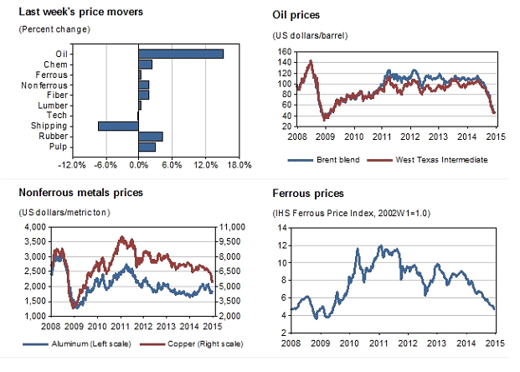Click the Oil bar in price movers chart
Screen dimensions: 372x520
click(180, 54)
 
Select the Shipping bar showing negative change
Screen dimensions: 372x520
click(118, 126)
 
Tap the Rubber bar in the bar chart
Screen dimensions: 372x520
click(150, 136)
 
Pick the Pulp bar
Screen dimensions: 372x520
click(147, 147)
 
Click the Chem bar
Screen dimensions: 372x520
click(145, 64)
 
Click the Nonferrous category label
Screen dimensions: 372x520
click(45, 85)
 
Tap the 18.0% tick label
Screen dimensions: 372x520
click(239, 164)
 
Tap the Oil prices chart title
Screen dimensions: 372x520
click(297, 15)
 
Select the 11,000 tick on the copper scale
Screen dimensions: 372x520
click(231, 227)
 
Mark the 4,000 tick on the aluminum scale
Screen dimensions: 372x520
click(32, 227)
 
